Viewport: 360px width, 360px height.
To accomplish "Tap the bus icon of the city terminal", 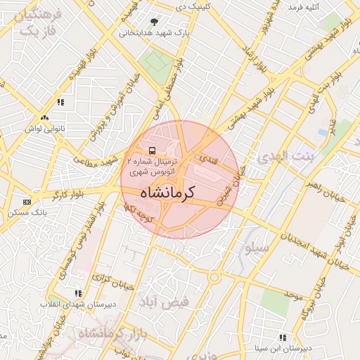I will [152, 150].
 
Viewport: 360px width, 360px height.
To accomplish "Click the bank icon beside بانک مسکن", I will [26, 201].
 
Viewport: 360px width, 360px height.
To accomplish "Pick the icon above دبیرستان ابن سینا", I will [282, 337].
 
